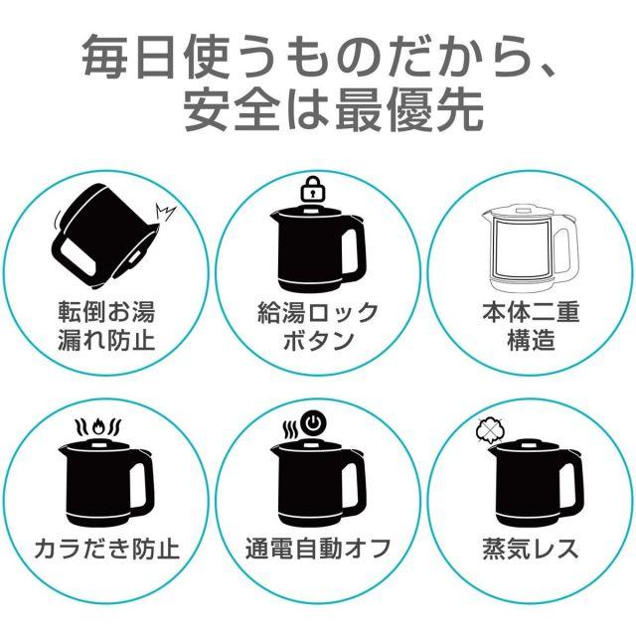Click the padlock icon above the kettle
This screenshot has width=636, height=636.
[x=312, y=189]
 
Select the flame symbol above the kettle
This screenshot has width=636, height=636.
[x=98, y=426]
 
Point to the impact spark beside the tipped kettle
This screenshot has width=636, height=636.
[x=165, y=212]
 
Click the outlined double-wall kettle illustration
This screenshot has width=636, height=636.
[x=530, y=249]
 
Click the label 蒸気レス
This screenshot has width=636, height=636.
[x=530, y=549]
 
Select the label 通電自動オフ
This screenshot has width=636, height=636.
[x=318, y=549]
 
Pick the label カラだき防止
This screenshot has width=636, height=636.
[x=106, y=549]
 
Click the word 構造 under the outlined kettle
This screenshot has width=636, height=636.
[x=530, y=340]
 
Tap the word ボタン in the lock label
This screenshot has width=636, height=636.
[x=318, y=340]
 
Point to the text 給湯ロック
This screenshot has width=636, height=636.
[x=318, y=312]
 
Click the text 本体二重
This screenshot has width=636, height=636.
[x=530, y=312]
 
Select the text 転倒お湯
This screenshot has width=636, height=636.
[x=106, y=312]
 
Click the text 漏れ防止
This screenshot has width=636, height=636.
[x=106, y=340]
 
